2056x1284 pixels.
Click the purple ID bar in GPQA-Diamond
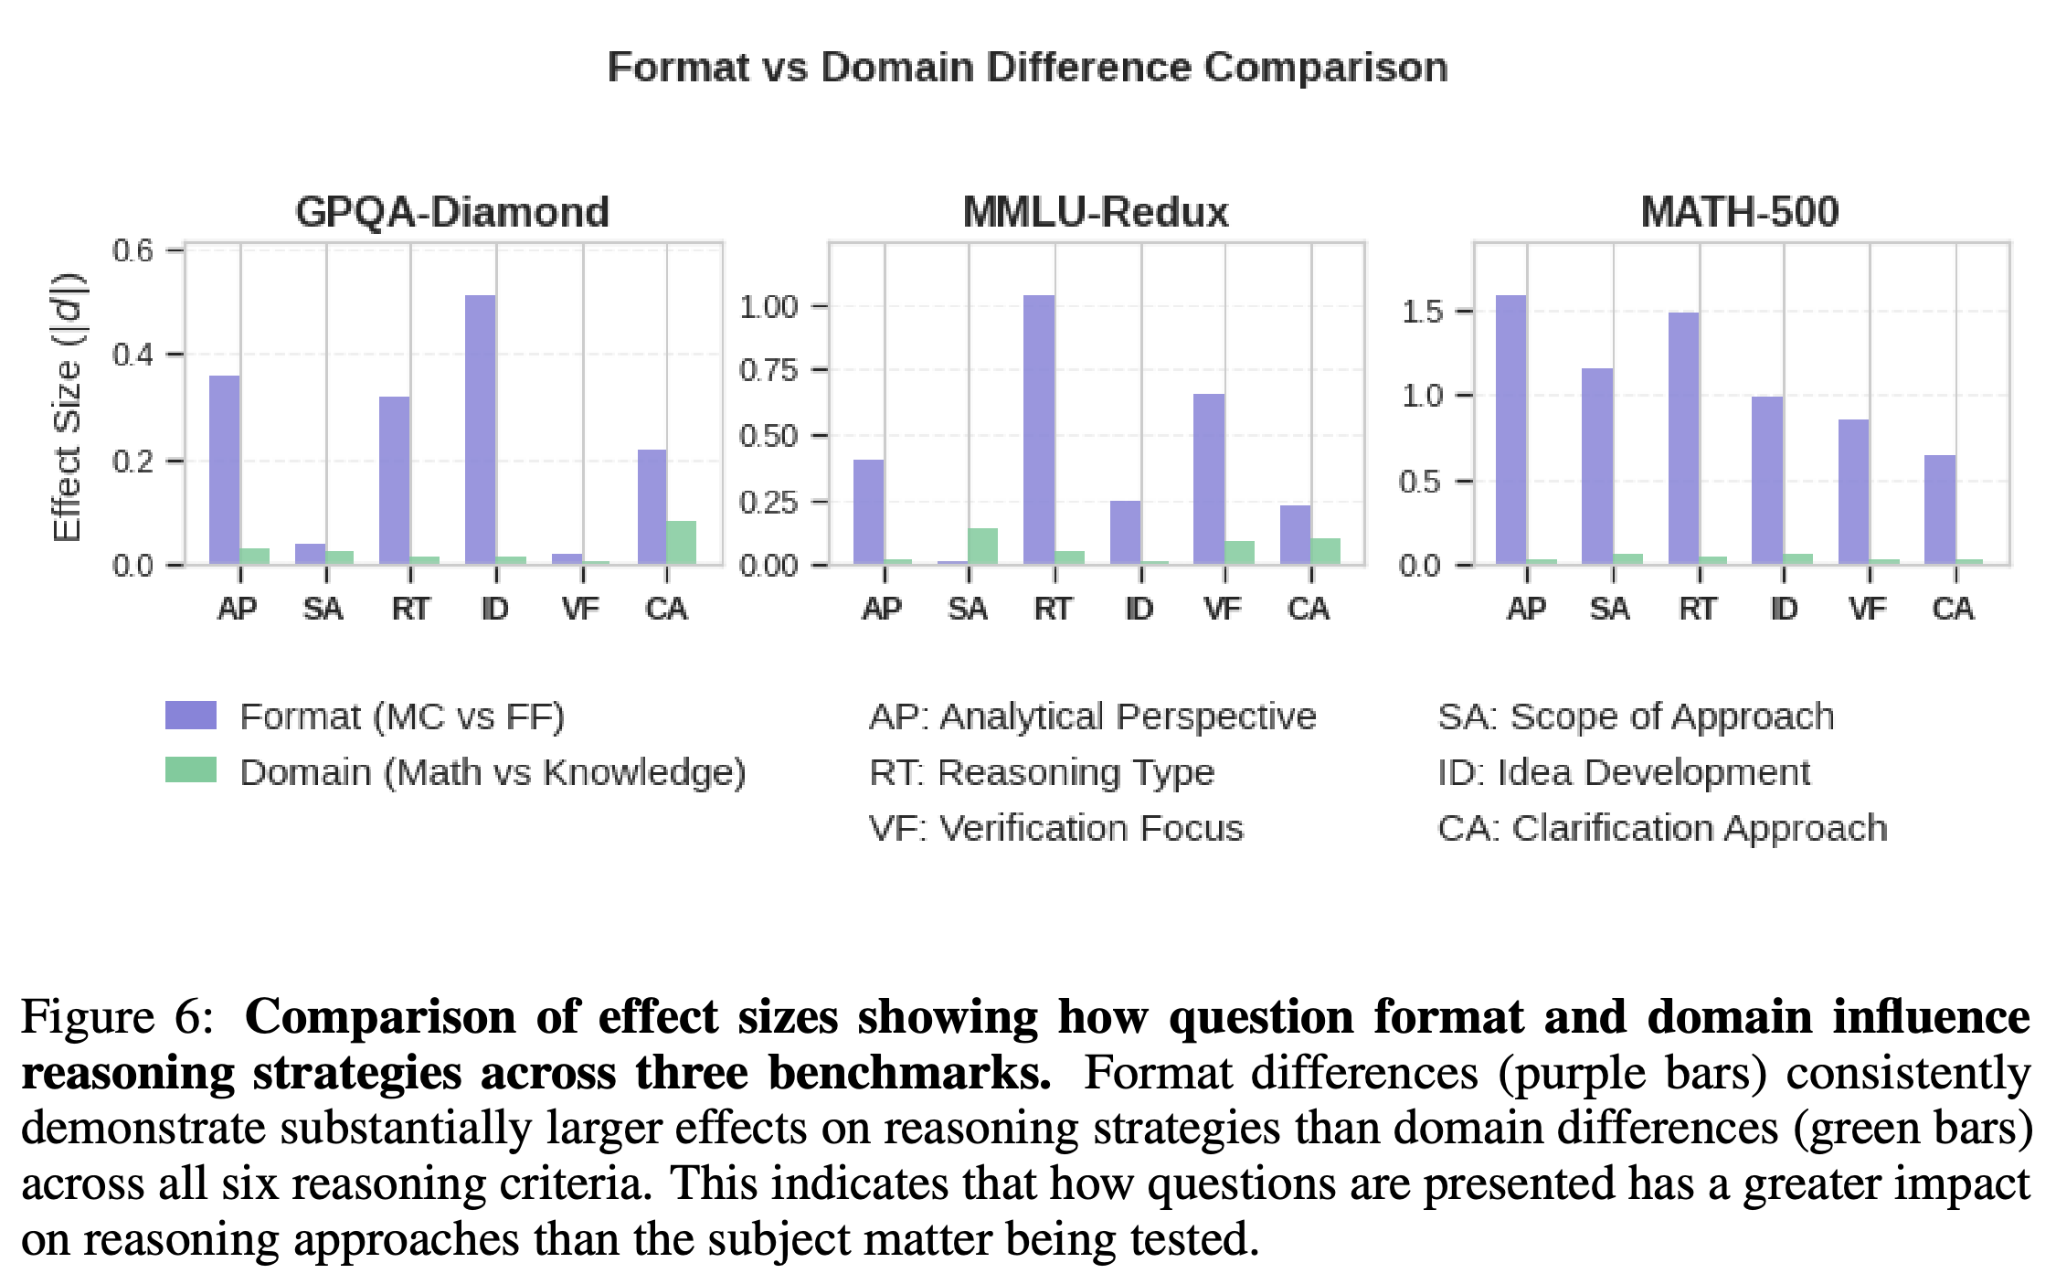pos(481,430)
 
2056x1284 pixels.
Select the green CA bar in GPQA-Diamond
pos(682,543)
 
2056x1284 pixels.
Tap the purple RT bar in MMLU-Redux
pos(1039,430)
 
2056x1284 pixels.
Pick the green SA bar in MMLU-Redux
pos(983,546)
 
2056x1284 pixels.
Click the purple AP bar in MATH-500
pos(1511,430)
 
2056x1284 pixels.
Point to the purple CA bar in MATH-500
pos(1940,510)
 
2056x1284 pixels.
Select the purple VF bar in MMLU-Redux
pos(1209,479)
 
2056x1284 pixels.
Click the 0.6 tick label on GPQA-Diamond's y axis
pos(132,250)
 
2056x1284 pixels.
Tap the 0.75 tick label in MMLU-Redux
pos(768,370)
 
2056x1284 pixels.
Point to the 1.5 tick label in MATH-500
pos(1423,312)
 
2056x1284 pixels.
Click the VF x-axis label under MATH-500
pos(1868,609)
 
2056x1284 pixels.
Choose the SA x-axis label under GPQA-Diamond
pos(323,609)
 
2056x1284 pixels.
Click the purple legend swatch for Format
pos(191,716)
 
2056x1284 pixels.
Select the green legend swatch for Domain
pos(191,770)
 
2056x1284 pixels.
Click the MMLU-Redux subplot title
pos(1096,212)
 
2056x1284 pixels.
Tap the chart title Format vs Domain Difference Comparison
pos(1028,68)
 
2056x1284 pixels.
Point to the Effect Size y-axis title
pos(68,407)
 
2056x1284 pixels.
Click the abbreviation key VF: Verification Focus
pos(1056,828)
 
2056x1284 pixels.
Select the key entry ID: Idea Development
pos(1624,773)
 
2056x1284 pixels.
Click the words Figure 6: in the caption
pos(117,1017)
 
